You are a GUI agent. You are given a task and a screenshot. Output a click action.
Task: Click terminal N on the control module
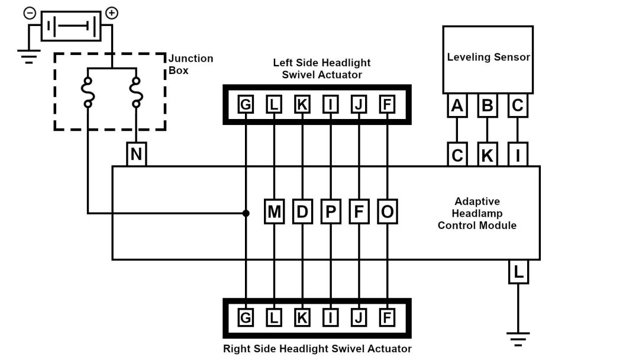(137, 155)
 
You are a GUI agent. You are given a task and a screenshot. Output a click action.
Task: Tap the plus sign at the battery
(111, 12)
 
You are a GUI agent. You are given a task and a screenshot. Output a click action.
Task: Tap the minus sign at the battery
(30, 12)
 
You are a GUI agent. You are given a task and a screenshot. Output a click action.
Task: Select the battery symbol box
(70, 27)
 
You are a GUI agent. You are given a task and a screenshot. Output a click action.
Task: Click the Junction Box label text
(191, 64)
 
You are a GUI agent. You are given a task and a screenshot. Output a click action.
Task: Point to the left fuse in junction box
(88, 92)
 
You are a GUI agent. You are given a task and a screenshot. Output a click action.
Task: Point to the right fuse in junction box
(136, 92)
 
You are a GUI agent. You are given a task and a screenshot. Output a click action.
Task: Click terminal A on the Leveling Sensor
(457, 106)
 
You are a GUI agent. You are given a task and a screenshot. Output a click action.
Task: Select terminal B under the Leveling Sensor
(487, 106)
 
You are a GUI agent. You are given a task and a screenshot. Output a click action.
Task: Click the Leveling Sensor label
(488, 57)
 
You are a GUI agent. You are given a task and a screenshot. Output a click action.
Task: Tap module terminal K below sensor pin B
(487, 156)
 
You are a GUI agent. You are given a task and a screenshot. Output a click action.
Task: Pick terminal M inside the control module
(274, 212)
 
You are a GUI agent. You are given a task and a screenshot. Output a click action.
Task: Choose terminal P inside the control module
(331, 212)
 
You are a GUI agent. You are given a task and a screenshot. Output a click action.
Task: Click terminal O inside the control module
(388, 212)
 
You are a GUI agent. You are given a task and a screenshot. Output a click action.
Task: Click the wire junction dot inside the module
(246, 213)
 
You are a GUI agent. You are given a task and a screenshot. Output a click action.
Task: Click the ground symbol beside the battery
(28, 57)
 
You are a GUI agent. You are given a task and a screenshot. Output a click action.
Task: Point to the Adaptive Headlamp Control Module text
(477, 213)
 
